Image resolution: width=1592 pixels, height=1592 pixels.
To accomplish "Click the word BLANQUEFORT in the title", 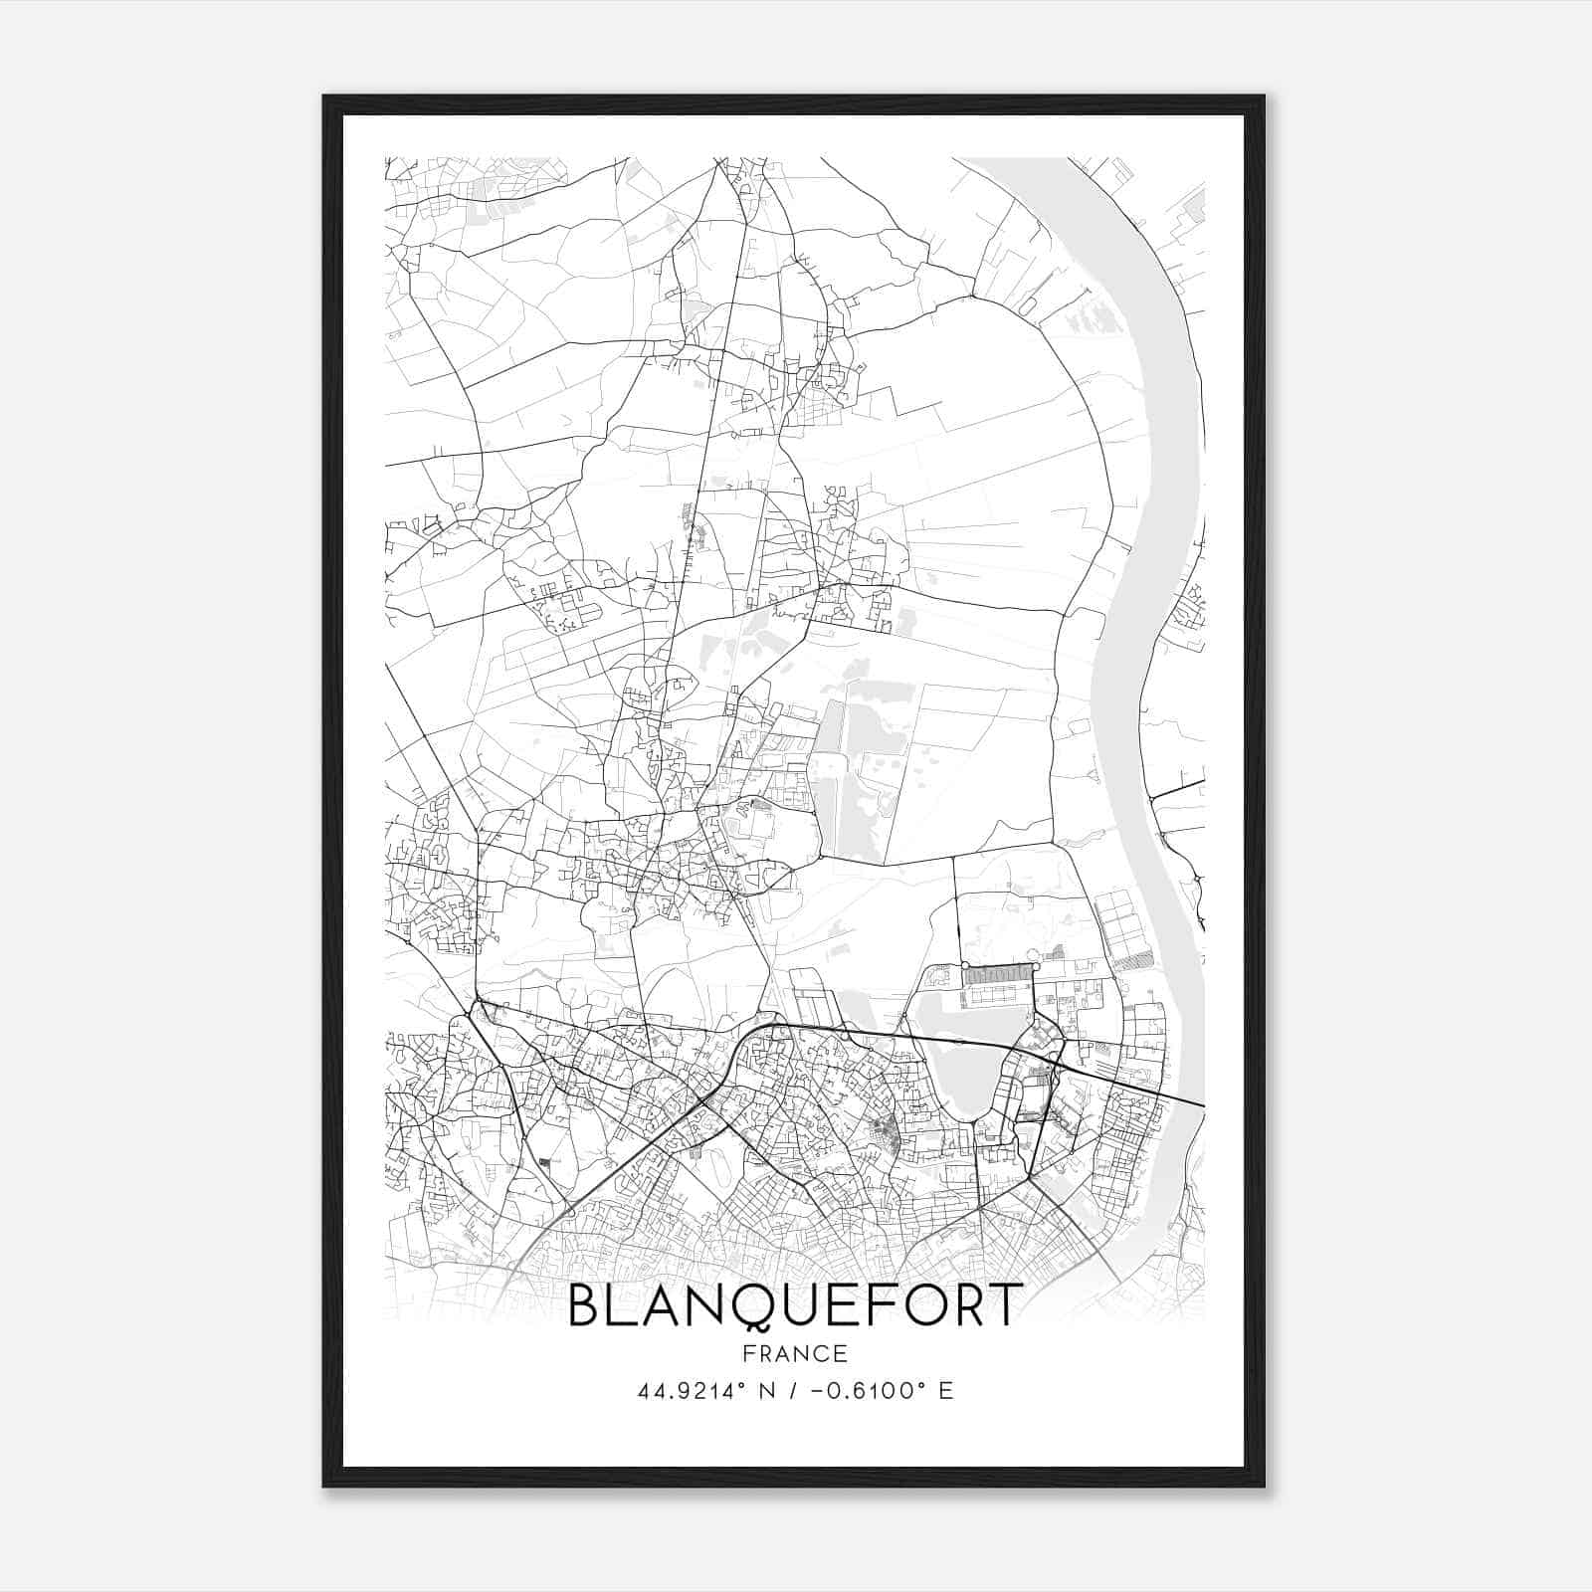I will pos(794,1304).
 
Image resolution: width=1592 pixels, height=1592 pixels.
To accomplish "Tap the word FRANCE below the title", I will pos(795,1354).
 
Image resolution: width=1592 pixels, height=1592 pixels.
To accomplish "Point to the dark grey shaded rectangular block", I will pos(1000,975).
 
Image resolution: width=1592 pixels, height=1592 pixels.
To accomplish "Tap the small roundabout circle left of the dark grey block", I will pos(964,965).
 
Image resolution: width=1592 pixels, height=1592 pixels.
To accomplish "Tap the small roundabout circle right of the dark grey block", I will pos(1036,965).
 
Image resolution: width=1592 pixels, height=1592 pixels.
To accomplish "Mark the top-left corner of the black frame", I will pos(325,98).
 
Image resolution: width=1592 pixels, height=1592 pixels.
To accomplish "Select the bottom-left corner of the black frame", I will pos(325,1485).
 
